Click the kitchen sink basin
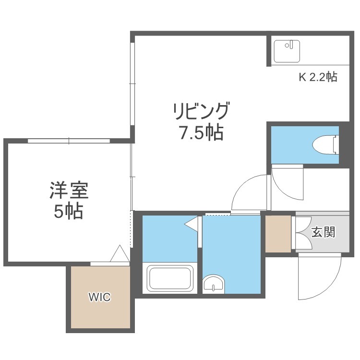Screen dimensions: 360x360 click(x=287, y=51)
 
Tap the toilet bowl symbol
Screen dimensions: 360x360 click(x=325, y=145)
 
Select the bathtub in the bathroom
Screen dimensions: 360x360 click(x=170, y=277)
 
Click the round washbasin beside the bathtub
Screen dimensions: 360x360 click(x=214, y=284)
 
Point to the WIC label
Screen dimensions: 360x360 click(x=100, y=297)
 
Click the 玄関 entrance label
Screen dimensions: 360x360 click(x=323, y=232)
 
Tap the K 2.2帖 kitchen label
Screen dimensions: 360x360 click(x=318, y=77)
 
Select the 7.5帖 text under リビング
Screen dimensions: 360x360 click(x=201, y=132)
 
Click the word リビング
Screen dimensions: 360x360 click(x=201, y=111)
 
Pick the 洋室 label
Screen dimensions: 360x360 click(x=69, y=191)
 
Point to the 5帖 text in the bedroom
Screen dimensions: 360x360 click(x=69, y=211)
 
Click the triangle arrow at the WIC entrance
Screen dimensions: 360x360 click(x=120, y=253)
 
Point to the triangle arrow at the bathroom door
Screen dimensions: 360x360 click(x=191, y=223)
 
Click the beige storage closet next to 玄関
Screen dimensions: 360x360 click(x=278, y=234)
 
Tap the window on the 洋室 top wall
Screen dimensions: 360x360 click(x=69, y=141)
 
